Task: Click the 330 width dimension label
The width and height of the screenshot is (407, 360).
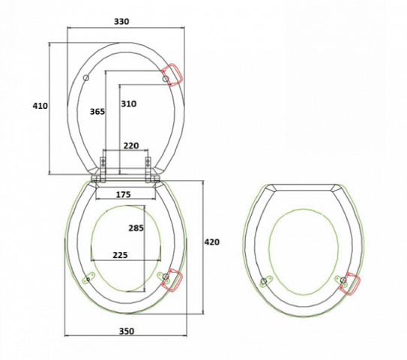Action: coord(121,21)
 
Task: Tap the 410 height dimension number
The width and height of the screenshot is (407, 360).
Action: coord(40,106)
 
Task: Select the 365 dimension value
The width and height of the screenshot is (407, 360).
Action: coord(97,112)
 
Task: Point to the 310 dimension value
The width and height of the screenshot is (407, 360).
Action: coord(129,103)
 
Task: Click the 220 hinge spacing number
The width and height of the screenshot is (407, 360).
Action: coord(131,145)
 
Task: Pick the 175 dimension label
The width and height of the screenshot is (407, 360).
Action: coord(123,194)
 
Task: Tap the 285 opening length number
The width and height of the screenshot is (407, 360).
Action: coord(136,228)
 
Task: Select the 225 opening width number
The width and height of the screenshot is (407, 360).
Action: coord(120,255)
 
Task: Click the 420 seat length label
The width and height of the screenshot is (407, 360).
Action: coord(212,241)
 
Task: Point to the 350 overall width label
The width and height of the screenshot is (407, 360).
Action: coord(127,331)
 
